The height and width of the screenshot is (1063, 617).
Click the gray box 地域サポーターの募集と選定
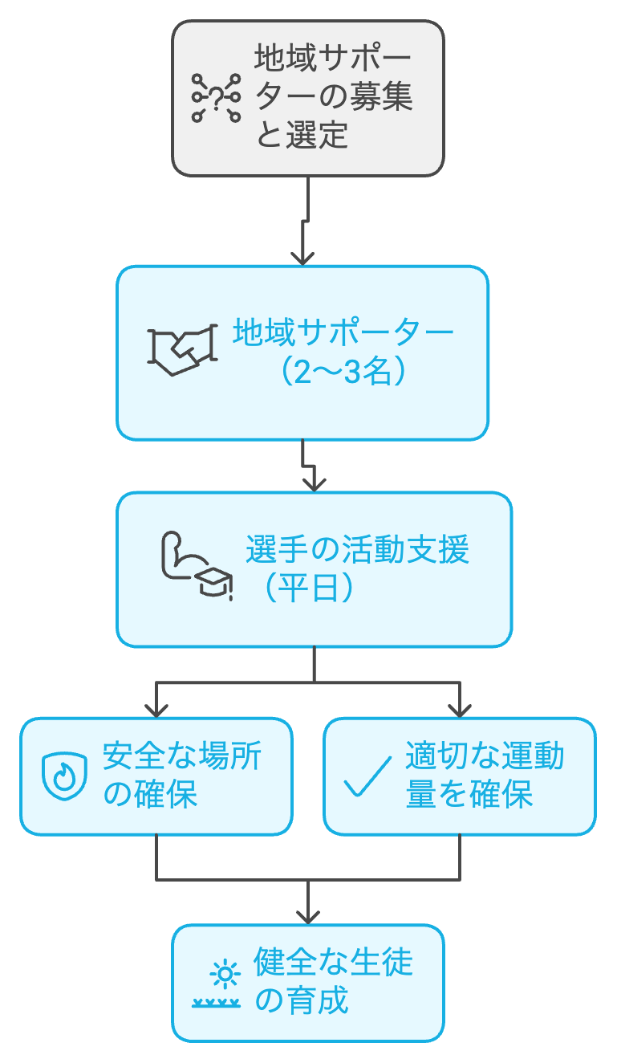pyautogui.click(x=308, y=98)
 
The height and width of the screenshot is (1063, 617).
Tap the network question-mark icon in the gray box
pyautogui.click(x=216, y=98)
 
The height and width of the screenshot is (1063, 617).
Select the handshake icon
pyautogui.click(x=183, y=349)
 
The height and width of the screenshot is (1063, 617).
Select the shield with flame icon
pyautogui.click(x=64, y=776)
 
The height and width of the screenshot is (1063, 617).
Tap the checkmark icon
pyautogui.click(x=367, y=776)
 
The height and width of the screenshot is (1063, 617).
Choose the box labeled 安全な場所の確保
pyautogui.click(x=156, y=776)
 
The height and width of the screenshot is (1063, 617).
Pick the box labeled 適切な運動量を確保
pyautogui.click(x=459, y=776)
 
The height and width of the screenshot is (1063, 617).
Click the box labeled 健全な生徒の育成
pyautogui.click(x=308, y=983)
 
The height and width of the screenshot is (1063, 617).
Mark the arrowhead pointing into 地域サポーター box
pyautogui.click(x=302, y=257)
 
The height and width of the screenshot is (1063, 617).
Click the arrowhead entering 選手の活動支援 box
pyautogui.click(x=314, y=483)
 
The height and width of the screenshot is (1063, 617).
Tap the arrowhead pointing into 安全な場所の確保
pyautogui.click(x=156, y=709)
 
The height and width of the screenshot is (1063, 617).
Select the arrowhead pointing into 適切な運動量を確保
pyautogui.click(x=460, y=709)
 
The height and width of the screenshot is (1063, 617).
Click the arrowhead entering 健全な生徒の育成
pyautogui.click(x=307, y=915)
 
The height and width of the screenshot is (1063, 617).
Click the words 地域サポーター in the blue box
pyautogui.click(x=343, y=332)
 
